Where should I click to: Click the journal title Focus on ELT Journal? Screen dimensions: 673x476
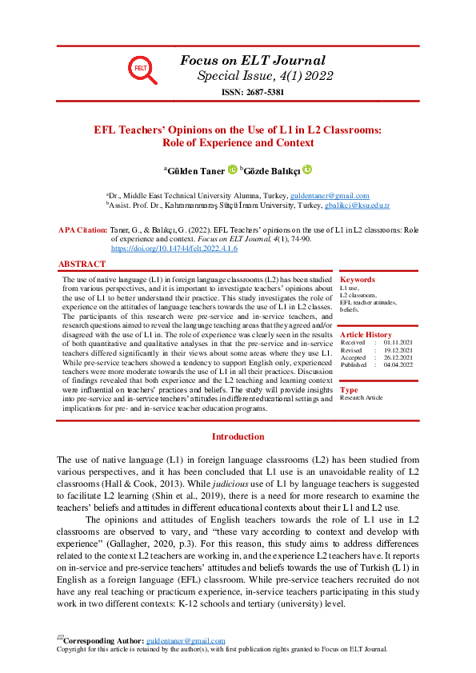click(x=253, y=60)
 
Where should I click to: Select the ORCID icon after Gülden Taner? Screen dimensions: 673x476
click(x=232, y=169)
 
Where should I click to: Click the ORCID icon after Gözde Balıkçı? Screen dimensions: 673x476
click(x=306, y=169)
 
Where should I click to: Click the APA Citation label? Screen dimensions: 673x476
click(x=83, y=229)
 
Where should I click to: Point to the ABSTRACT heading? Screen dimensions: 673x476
click(x=82, y=264)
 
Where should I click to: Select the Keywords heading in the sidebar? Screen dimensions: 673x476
click(x=357, y=280)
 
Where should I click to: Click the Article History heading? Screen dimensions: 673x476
click(x=366, y=335)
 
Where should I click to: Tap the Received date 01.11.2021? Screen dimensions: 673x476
click(x=399, y=342)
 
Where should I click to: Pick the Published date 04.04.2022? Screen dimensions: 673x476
click(x=399, y=364)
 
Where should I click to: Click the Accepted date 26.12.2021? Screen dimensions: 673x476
click(x=399, y=356)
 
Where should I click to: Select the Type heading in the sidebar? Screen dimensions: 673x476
click(x=349, y=390)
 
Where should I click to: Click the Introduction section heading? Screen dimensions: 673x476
click(x=238, y=436)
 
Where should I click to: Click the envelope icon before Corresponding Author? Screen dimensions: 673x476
click(x=59, y=639)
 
